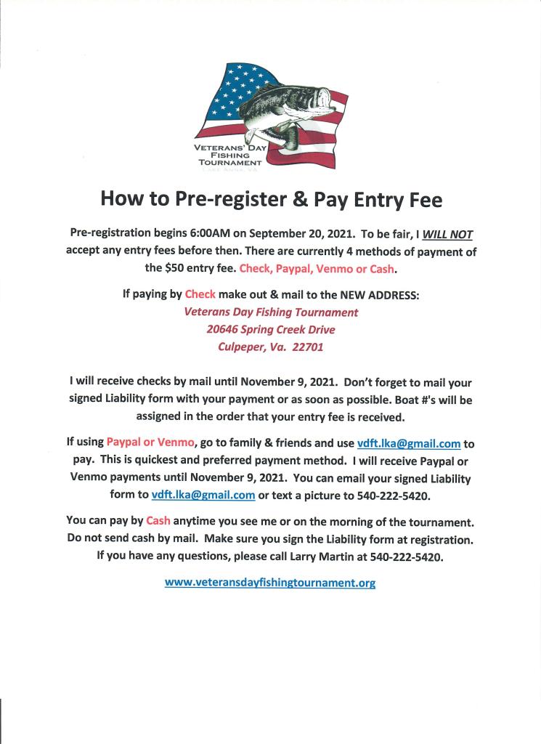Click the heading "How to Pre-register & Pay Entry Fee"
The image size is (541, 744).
pyautogui.click(x=271, y=198)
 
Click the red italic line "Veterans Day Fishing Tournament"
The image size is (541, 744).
pyautogui.click(x=271, y=312)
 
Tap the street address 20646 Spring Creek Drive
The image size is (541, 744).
pyautogui.click(x=271, y=329)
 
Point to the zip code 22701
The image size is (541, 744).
pyautogui.click(x=307, y=347)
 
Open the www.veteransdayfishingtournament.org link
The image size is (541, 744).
pyautogui.click(x=270, y=583)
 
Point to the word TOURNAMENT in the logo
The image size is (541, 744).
pyautogui.click(x=229, y=163)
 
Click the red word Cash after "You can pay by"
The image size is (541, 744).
pyautogui.click(x=158, y=521)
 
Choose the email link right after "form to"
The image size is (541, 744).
pyautogui.click(x=203, y=496)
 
